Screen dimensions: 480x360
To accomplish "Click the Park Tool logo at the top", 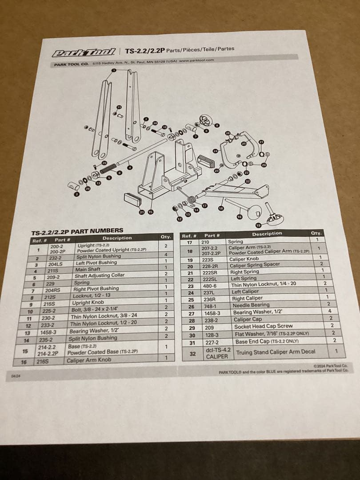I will [84, 52].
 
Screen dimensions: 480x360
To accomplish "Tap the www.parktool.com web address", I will [196, 60].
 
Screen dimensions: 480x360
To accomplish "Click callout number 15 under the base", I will [151, 212].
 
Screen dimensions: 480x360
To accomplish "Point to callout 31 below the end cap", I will [142, 212].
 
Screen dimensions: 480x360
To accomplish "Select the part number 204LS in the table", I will [56, 264].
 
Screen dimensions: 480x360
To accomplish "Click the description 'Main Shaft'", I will [88, 269].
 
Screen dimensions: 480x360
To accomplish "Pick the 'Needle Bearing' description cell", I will [251, 305].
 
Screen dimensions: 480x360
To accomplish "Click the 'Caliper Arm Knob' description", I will [89, 360].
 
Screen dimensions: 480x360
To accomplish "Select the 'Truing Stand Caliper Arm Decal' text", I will [276, 352].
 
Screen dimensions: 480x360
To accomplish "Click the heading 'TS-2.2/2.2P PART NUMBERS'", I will [77, 231].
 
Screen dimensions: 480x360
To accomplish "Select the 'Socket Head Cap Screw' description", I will [263, 326].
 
